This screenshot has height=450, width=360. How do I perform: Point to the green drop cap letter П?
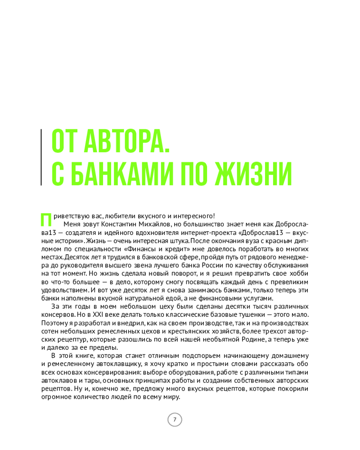tap(46, 218)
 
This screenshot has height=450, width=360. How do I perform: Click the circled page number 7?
tap(175, 420)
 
